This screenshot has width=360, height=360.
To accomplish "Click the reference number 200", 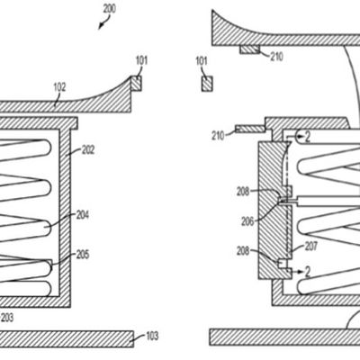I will click(x=109, y=8).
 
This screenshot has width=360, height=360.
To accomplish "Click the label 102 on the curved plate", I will click(x=58, y=87).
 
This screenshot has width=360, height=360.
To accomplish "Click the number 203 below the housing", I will click(x=8, y=317).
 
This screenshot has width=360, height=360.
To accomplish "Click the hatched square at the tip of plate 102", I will click(x=137, y=84).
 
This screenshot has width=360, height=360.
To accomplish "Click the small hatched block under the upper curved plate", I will click(x=249, y=49).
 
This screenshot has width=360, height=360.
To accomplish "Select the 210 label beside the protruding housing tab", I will click(x=220, y=136).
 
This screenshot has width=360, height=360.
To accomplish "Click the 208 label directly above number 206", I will click(x=244, y=191).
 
